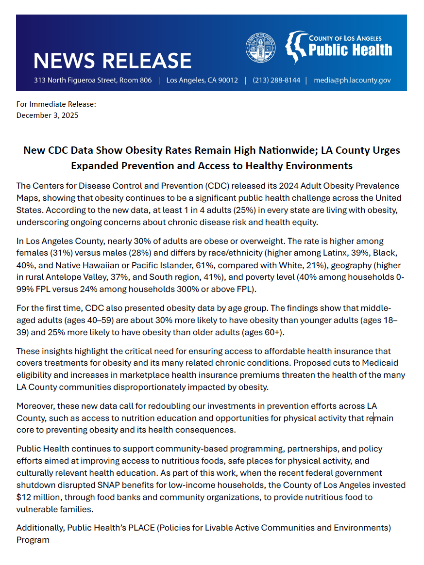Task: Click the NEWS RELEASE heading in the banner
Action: [112, 61]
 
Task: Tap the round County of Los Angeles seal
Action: [260, 48]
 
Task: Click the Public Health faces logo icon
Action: [295, 47]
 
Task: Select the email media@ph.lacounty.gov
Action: [352, 80]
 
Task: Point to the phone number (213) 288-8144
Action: [276, 80]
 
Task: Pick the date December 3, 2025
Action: [47, 115]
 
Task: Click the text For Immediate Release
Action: [56, 104]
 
